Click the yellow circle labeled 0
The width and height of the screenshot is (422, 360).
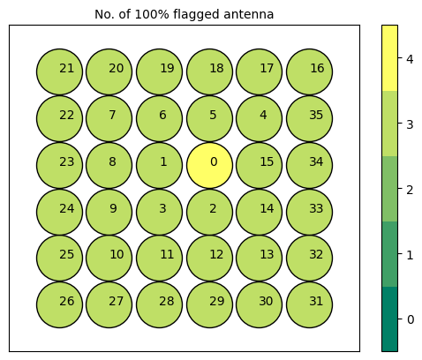tap(209, 165)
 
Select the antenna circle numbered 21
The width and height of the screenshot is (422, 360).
tap(60, 71)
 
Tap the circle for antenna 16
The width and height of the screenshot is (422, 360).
tap(310, 71)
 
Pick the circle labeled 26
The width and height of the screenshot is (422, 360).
tap(60, 304)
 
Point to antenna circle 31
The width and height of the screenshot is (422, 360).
tap(310, 304)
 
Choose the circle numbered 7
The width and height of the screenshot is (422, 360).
tap(109, 118)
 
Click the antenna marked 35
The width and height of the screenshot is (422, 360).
tap(310, 118)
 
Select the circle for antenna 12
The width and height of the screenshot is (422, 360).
tap(209, 258)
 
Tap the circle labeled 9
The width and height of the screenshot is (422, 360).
tap(109, 212)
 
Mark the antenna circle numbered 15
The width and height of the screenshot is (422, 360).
tap(260, 165)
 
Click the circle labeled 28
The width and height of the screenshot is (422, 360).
tap(160, 304)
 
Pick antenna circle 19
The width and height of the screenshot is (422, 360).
tap(160, 71)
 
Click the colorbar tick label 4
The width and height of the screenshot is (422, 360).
tap(410, 59)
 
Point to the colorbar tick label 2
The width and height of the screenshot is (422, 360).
tap(410, 190)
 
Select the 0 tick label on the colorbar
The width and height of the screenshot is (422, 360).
tap(410, 319)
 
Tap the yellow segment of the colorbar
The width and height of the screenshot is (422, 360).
tap(389, 58)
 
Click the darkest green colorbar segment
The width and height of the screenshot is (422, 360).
tap(389, 319)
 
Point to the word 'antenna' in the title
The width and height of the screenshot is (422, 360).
tap(248, 14)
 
